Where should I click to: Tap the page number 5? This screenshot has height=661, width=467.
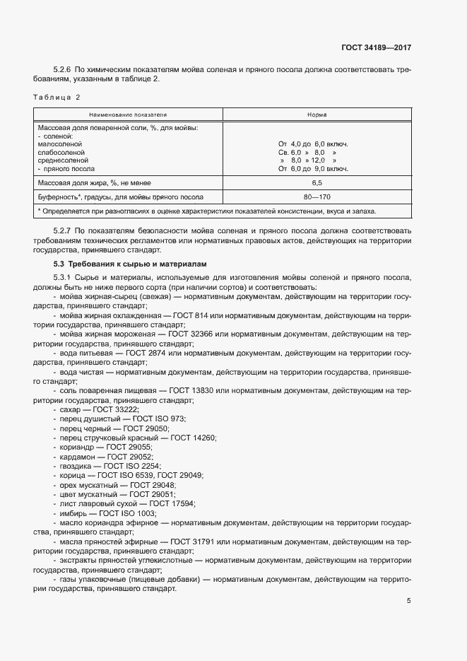pos(409,601)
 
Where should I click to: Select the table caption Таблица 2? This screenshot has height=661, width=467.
pos(57,96)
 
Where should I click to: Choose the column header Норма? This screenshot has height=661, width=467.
pos(317,114)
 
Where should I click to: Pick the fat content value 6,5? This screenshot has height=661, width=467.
pos(317,183)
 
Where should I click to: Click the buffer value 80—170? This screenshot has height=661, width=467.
pos(317,197)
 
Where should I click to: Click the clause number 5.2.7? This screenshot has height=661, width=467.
pos(62,231)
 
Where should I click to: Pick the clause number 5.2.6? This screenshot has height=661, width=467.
pos(62,69)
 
